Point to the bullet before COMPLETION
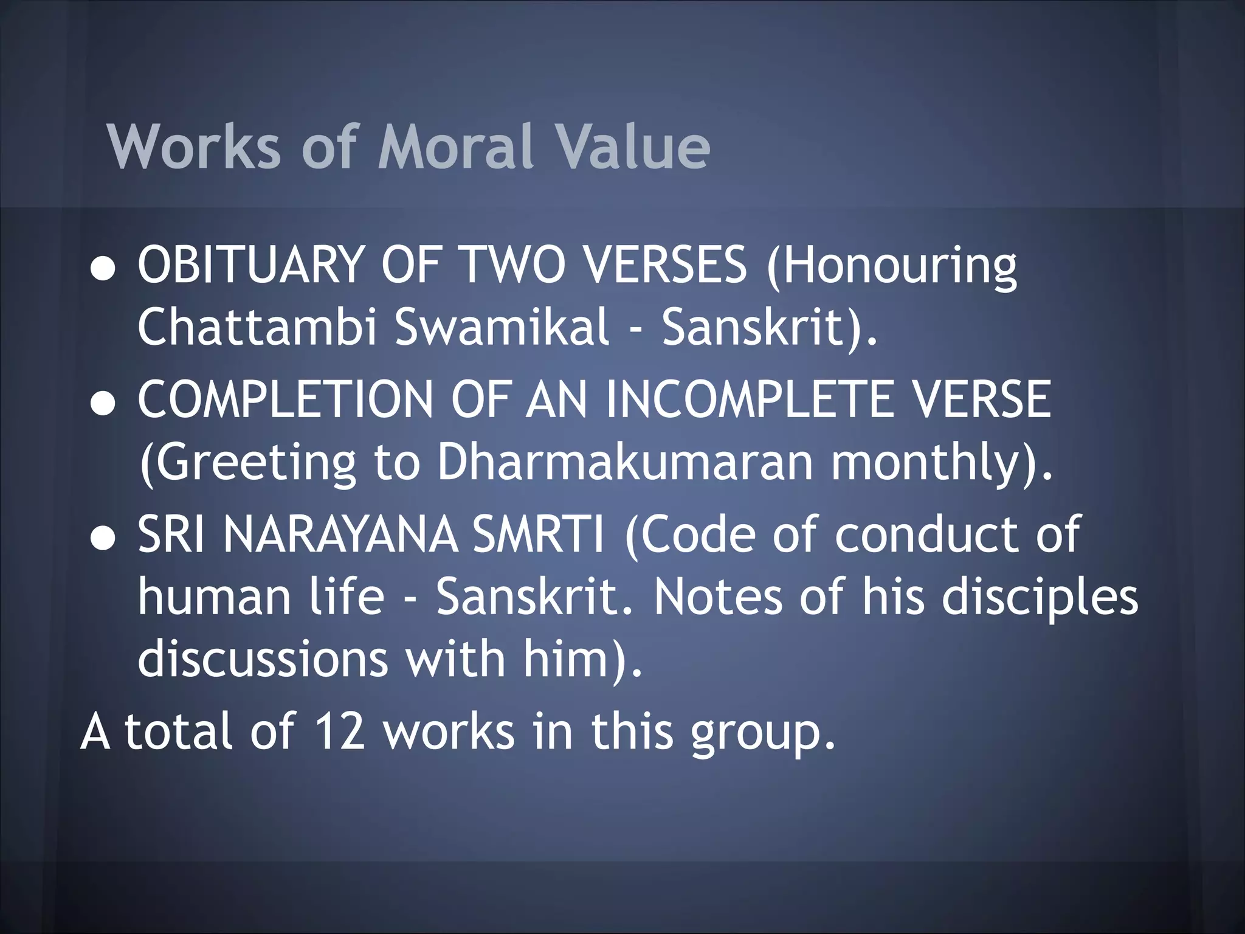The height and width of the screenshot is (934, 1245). tap(103, 404)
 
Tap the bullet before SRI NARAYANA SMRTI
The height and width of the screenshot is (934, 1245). tap(103, 539)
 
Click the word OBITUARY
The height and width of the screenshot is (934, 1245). tap(250, 265)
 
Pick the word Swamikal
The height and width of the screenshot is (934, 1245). tap(502, 327)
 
